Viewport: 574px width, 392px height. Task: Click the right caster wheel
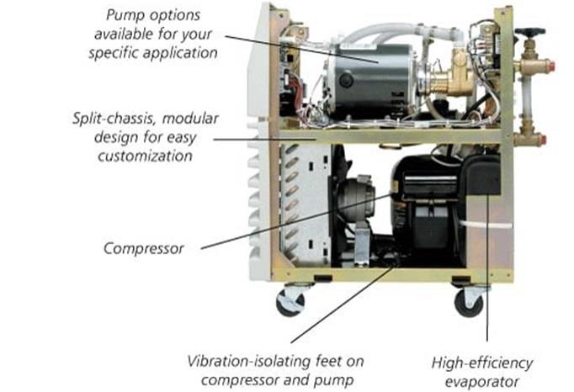click(469, 301)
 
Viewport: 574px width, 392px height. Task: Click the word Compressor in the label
click(143, 249)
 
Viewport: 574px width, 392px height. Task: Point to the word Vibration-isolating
click(237, 363)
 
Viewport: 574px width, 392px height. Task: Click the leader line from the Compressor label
click(295, 223)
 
